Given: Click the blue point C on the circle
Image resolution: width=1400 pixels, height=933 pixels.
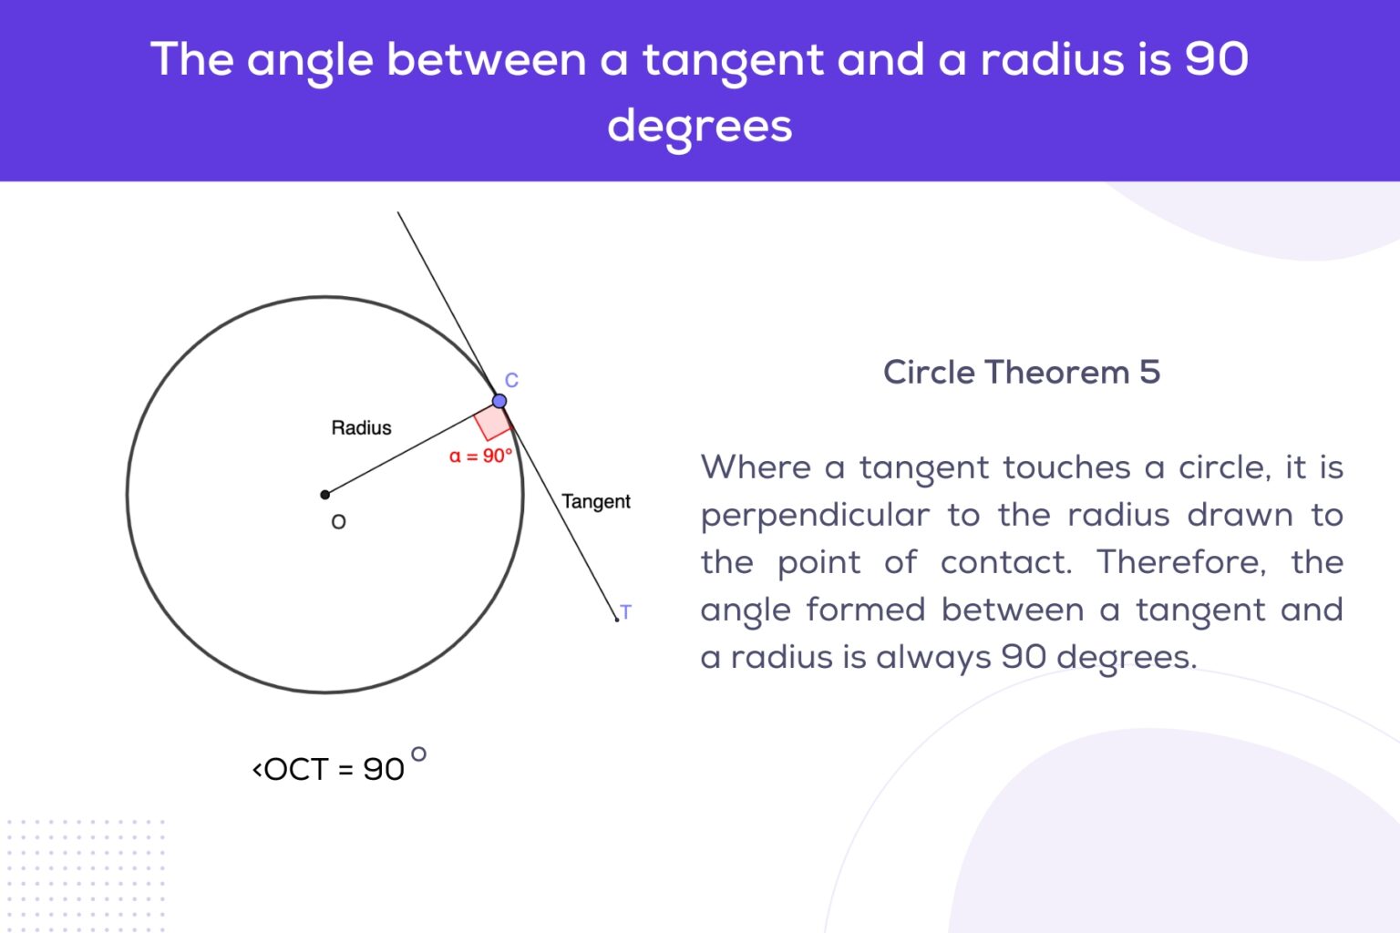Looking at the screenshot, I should [x=499, y=401].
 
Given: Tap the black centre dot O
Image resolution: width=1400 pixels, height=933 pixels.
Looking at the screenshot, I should [x=325, y=495].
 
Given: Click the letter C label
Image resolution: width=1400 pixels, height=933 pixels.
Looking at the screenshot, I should [x=511, y=380].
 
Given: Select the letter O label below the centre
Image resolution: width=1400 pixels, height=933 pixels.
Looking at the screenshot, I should [x=338, y=522].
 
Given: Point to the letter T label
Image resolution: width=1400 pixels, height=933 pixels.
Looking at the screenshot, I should [x=625, y=611].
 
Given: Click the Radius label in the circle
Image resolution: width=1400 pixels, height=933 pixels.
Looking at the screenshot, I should [x=361, y=427].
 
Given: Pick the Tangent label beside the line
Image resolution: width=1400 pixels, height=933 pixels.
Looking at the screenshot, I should [x=596, y=501].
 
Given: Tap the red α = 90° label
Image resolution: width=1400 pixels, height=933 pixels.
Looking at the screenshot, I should [x=480, y=456].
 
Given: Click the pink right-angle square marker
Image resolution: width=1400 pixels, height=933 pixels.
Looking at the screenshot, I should [x=493, y=423].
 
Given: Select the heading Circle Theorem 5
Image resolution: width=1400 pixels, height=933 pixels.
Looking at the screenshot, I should [x=1021, y=372].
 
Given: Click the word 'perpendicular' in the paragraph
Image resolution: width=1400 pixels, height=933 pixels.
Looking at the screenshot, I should [x=815, y=516].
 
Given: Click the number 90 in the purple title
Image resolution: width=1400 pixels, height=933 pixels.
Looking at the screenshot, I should [x=1216, y=59].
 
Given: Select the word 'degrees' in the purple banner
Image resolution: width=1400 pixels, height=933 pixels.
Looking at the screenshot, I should [x=700, y=126].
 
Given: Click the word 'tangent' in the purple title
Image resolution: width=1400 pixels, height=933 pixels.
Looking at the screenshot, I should [x=734, y=61].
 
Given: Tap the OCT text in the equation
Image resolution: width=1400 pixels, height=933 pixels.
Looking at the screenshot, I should [x=296, y=769].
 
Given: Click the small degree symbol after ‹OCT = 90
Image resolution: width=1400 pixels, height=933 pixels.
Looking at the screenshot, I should [x=418, y=754].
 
